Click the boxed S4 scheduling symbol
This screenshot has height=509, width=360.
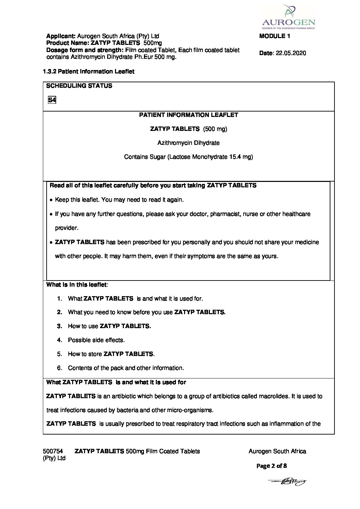click(x=52, y=100)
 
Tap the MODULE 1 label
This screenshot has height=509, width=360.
click(x=274, y=36)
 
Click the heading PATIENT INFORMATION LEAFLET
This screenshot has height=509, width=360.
click(x=189, y=115)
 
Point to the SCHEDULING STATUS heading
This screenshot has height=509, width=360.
click(x=79, y=86)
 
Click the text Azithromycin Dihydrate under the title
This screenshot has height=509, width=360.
click(x=189, y=143)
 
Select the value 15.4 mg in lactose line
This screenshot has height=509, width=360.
click(x=239, y=157)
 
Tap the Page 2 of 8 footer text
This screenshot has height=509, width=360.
click(x=272, y=466)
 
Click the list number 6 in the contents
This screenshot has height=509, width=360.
click(x=60, y=368)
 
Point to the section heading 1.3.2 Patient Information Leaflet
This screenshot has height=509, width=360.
click(x=88, y=71)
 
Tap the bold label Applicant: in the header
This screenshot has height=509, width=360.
click(x=61, y=36)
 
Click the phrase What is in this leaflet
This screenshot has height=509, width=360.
click(x=77, y=285)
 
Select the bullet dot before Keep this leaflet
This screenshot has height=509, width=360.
click(x=51, y=200)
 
